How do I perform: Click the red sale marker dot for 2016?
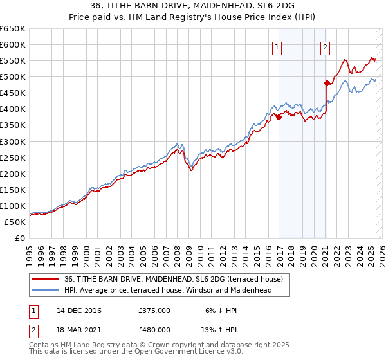(279, 117)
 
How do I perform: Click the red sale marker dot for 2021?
(327, 82)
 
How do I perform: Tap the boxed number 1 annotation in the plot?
(277, 46)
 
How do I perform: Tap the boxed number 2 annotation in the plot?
(326, 46)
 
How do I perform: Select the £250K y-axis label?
(13, 157)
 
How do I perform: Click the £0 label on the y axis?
(19, 238)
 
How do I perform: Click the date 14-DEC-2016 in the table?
(79, 310)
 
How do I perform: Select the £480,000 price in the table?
(154, 329)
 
